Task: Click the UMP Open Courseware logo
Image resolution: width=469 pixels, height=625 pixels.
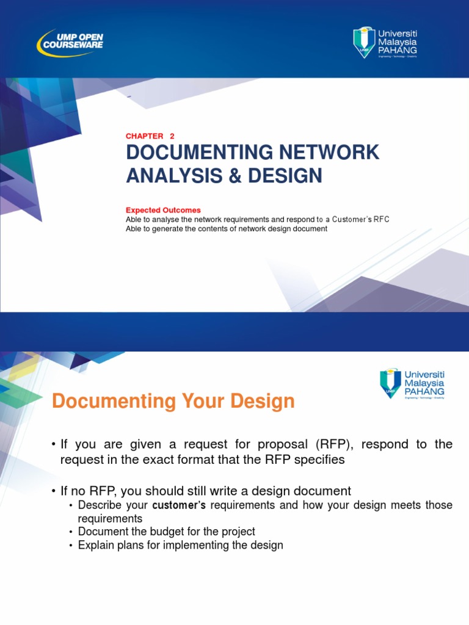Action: pyautogui.click(x=70, y=41)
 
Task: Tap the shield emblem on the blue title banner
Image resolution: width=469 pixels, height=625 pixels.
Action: pyautogui.click(x=364, y=42)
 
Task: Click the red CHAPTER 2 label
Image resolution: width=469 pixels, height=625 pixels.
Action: pyautogui.click(x=150, y=136)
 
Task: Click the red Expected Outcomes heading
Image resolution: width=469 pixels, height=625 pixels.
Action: pyautogui.click(x=163, y=210)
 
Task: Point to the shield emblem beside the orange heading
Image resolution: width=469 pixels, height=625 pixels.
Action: pyautogui.click(x=391, y=383)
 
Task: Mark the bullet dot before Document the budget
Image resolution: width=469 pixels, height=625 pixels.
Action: pyautogui.click(x=71, y=532)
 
